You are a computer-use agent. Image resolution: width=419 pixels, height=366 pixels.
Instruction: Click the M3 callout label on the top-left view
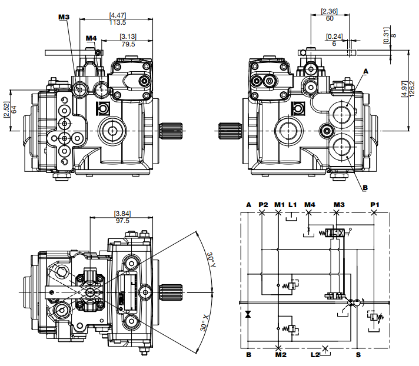click(64, 17)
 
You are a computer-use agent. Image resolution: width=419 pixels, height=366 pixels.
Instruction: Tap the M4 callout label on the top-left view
click(91, 39)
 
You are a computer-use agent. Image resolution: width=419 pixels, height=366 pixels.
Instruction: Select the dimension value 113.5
click(118, 22)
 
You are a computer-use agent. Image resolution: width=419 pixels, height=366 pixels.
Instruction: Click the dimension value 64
click(14, 109)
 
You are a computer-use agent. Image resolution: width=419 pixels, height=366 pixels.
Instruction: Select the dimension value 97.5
click(122, 221)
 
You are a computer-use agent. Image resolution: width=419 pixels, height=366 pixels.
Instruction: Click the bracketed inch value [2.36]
click(329, 11)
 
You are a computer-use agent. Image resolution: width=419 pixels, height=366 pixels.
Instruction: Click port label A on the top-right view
click(365, 71)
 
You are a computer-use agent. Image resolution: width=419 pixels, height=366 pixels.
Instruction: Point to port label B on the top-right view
click(365, 188)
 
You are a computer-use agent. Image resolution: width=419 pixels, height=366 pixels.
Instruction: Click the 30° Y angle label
click(210, 259)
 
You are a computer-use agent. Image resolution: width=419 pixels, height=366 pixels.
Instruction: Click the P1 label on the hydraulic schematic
click(375, 204)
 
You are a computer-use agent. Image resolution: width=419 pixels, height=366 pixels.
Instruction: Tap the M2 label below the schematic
click(280, 355)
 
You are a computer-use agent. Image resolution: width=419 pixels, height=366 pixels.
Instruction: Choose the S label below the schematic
click(358, 355)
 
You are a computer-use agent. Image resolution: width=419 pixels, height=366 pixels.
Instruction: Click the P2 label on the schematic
click(263, 204)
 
